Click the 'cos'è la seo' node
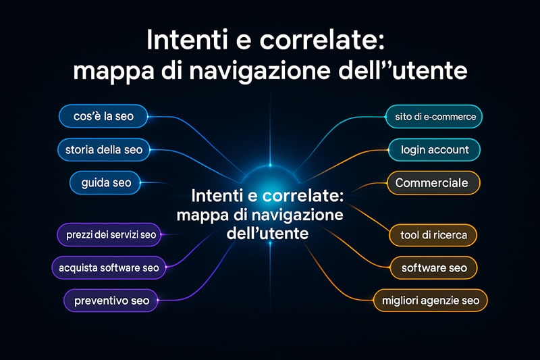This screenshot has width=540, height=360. point(103,116)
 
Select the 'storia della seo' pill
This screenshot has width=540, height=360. point(104,150)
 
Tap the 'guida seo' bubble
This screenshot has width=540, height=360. point(105,182)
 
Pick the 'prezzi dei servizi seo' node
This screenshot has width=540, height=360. point(109,235)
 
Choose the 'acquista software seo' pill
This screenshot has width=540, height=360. point(109,267)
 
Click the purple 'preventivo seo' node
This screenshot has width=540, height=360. point(111,301)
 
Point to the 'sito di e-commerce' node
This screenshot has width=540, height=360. point(434,117)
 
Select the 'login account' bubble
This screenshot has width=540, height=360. point(434,150)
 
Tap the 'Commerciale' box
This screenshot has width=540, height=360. point(433,182)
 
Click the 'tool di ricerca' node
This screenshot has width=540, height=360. point(433,235)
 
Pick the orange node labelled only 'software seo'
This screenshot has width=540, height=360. point(433,267)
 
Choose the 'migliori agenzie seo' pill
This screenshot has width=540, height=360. point(431,301)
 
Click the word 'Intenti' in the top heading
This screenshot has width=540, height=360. point(188,40)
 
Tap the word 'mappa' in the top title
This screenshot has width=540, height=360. point(113,72)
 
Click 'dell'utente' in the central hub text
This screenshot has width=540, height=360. point(267,233)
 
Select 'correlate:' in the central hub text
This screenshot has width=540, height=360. point(303,196)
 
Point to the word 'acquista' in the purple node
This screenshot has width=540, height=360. point(78,268)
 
